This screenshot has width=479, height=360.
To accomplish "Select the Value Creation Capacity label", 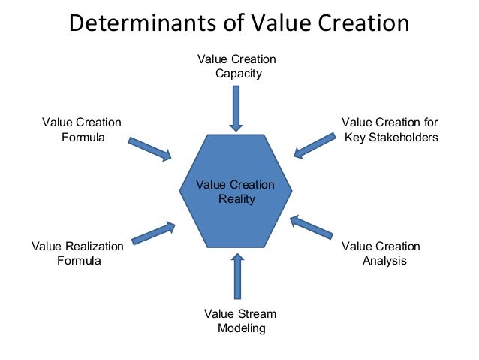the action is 236,66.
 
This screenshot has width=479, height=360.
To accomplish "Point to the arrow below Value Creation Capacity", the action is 236,108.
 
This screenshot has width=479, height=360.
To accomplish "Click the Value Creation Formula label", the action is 82,130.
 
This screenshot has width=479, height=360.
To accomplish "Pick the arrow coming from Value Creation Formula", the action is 150,148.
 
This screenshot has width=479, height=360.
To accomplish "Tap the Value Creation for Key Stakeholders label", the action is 390,130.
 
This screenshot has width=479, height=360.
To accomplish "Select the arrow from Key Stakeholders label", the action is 315,145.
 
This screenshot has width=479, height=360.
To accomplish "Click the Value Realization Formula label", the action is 78,253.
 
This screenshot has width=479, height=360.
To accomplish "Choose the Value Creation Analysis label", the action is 381,253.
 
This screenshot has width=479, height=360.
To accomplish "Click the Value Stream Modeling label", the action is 240,321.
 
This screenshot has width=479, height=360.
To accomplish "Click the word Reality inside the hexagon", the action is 236,199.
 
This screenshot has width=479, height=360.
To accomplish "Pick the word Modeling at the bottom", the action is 241,328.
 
